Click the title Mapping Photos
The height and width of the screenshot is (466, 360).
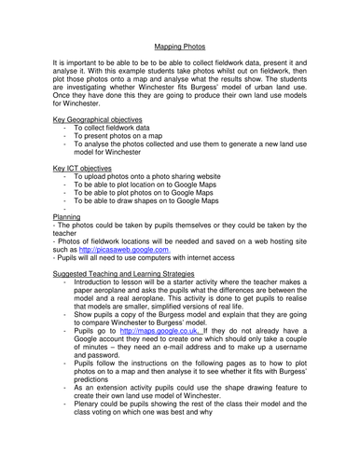click(179, 44)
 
